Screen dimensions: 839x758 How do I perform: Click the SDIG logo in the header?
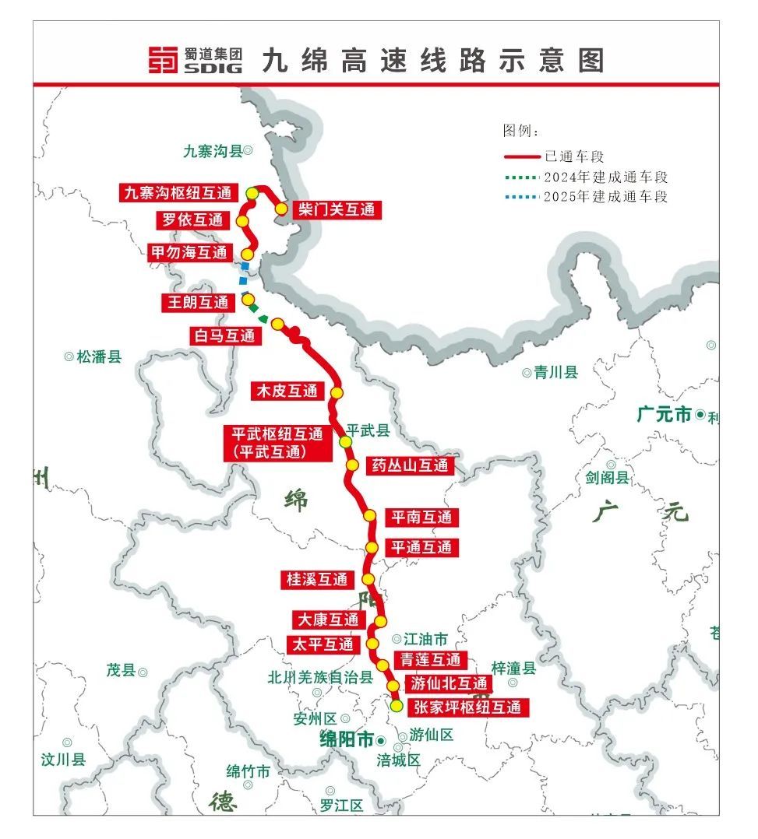tap(196, 60)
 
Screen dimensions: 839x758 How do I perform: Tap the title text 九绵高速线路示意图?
tap(432, 60)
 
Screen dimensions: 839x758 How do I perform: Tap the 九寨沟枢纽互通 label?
tap(178, 192)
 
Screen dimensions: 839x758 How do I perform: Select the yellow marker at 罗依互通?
tap(242, 221)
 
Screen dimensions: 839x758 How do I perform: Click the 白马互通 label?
tap(226, 335)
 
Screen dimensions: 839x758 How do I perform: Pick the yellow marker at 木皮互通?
tap(337, 392)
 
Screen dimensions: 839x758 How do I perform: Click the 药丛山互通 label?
tap(410, 465)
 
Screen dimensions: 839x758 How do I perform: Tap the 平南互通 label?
tap(421, 517)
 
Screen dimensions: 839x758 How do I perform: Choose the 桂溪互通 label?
tap(317, 579)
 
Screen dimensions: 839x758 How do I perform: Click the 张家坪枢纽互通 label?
tap(467, 707)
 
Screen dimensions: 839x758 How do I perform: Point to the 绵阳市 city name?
tap(347, 739)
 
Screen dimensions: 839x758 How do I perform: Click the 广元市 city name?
tap(664, 415)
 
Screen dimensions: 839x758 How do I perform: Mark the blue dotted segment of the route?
tap(245, 273)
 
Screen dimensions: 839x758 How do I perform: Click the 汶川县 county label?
tap(63, 759)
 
